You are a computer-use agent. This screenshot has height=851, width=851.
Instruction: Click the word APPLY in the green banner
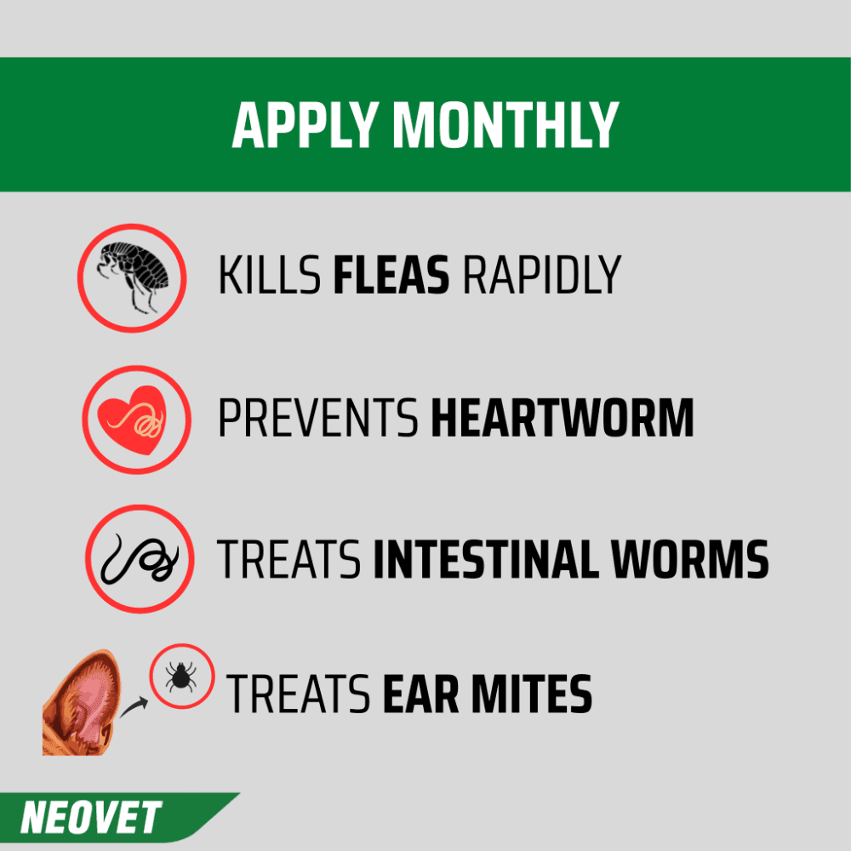click(x=305, y=125)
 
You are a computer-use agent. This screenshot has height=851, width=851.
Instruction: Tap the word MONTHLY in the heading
click(x=505, y=125)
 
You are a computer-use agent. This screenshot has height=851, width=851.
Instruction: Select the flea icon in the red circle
click(x=133, y=277)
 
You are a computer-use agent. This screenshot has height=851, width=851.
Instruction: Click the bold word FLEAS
click(x=391, y=275)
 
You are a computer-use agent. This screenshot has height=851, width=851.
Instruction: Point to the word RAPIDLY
click(x=542, y=275)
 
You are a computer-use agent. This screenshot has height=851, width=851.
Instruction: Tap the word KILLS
click(x=269, y=275)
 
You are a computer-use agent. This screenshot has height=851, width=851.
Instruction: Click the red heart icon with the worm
click(x=132, y=420)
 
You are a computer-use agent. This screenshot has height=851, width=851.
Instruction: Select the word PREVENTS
click(x=318, y=417)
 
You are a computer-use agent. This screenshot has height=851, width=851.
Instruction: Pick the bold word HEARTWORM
click(x=563, y=417)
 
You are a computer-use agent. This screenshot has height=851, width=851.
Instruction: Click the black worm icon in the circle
click(x=140, y=559)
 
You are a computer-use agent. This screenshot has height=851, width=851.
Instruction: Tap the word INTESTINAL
click(x=486, y=559)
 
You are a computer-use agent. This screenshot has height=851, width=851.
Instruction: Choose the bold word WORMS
click(x=690, y=559)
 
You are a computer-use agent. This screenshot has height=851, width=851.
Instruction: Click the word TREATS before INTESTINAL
click(x=288, y=559)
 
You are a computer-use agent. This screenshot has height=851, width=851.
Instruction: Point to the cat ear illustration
click(x=81, y=703)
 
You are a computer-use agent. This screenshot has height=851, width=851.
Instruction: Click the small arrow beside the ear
click(x=134, y=708)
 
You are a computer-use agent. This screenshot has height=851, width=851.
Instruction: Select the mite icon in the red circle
click(x=181, y=677)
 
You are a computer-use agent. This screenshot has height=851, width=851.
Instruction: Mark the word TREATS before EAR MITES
click(x=298, y=694)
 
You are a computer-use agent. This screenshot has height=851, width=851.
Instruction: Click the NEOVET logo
click(x=91, y=817)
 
